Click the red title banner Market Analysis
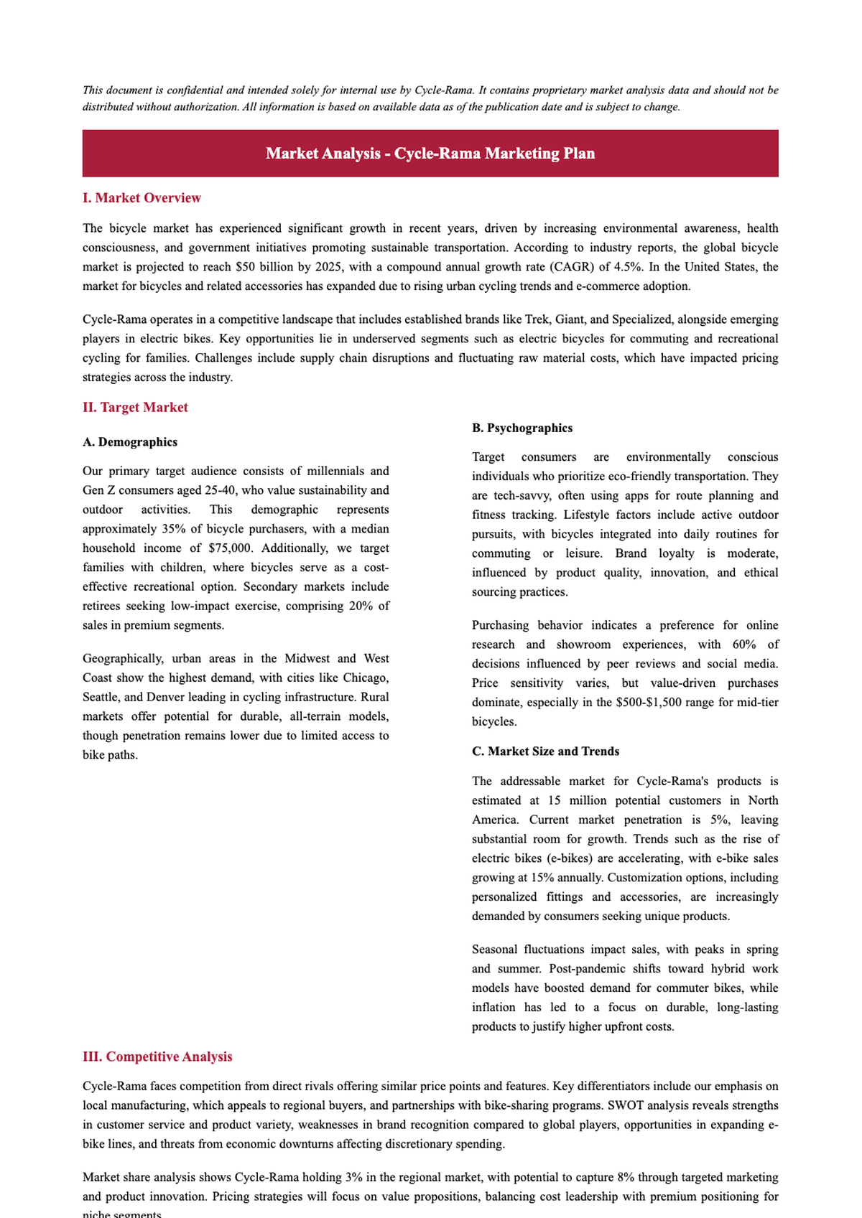[430, 154]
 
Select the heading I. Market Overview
[142, 198]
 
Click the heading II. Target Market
[135, 408]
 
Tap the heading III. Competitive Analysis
[157, 1057]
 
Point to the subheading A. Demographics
[130, 442]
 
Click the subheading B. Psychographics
[522, 428]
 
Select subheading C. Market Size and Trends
[545, 751]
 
